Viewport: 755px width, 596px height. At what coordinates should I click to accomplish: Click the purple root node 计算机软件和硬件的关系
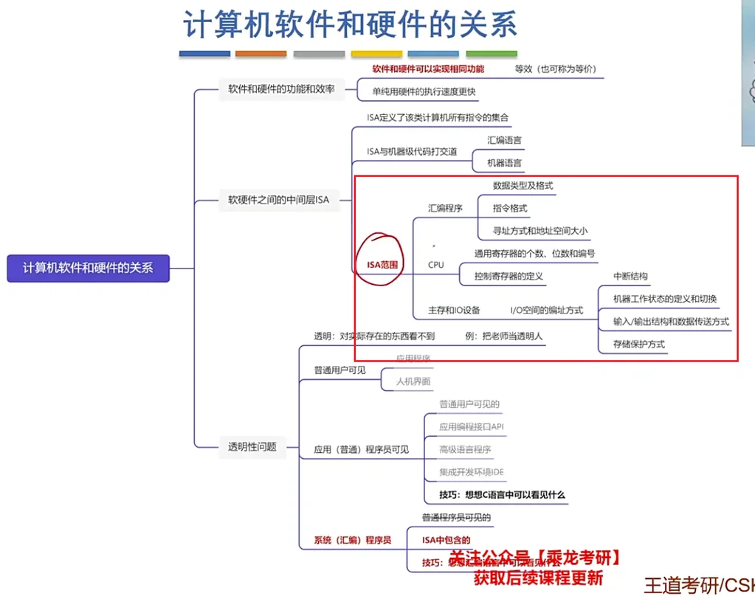[88, 268]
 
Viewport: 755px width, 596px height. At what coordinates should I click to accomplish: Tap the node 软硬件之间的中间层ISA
[278, 199]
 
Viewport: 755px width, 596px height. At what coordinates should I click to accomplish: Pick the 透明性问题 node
[252, 446]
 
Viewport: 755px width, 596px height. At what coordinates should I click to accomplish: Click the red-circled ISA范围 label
[382, 264]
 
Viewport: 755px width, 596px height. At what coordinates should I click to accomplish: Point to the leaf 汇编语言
[505, 140]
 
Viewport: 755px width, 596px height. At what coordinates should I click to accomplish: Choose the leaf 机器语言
[505, 163]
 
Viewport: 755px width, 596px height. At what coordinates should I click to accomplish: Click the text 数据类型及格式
[523, 186]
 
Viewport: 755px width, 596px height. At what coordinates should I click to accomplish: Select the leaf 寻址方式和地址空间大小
[540, 231]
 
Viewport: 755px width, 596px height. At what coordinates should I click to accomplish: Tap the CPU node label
[436, 264]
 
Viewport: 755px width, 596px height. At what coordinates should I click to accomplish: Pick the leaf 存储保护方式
[639, 344]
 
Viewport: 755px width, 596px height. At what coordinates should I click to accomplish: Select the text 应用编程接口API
[471, 426]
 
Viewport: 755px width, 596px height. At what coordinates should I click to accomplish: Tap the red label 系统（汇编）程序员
[353, 539]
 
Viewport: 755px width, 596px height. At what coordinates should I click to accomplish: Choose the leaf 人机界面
[413, 381]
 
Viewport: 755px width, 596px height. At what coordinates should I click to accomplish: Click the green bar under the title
[491, 54]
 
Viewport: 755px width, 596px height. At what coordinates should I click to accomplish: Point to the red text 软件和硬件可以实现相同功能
[428, 69]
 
